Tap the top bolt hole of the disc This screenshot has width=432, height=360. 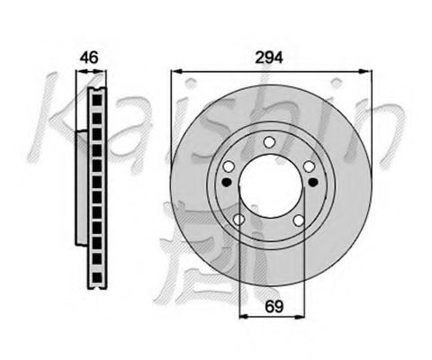(x=270, y=141)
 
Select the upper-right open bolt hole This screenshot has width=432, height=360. (x=309, y=166)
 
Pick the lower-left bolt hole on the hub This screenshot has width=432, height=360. (x=238, y=220)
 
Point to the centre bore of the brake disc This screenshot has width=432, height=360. (x=270, y=184)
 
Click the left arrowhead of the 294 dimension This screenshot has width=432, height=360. (x=174, y=69)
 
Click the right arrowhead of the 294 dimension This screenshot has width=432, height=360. (x=366, y=69)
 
